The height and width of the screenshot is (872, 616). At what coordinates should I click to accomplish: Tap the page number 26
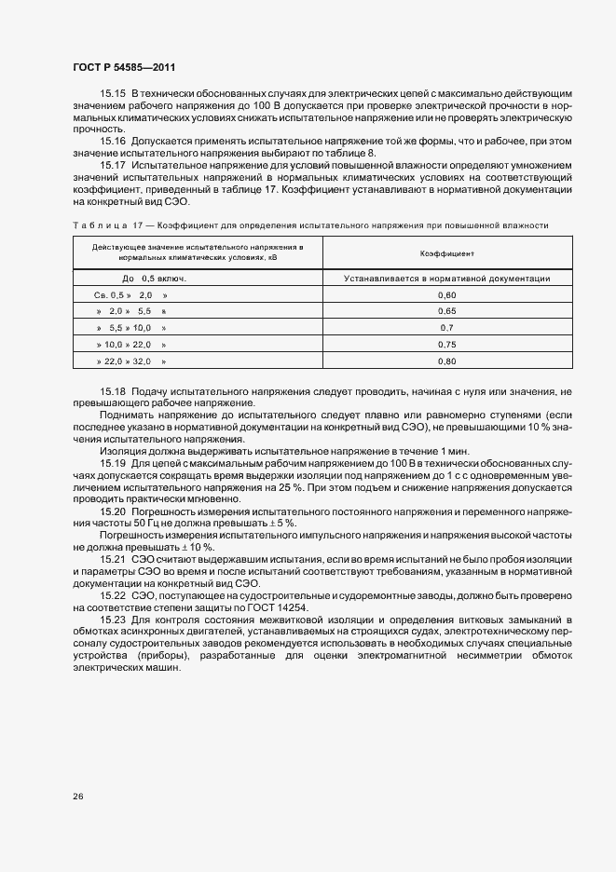click(x=76, y=797)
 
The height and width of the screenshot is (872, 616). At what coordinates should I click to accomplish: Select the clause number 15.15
click(x=112, y=95)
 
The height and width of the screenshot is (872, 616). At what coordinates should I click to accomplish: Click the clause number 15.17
click(x=112, y=165)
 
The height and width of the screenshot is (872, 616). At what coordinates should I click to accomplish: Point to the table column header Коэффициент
click(x=446, y=252)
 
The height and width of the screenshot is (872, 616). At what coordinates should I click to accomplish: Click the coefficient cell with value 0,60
click(x=446, y=294)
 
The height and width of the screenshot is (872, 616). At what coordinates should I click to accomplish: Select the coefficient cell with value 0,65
click(x=446, y=310)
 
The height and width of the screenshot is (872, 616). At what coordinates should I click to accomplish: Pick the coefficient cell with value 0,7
click(x=446, y=328)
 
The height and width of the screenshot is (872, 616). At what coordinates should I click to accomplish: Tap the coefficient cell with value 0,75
click(x=446, y=344)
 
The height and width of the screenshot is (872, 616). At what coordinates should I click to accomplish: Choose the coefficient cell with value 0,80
click(x=446, y=361)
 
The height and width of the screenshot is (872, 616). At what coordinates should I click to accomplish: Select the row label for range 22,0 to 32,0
click(x=131, y=361)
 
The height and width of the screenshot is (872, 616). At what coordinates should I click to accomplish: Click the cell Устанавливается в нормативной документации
click(x=446, y=278)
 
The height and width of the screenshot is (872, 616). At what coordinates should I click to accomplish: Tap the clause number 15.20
click(x=112, y=512)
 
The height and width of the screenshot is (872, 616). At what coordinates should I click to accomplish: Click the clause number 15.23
click(x=112, y=620)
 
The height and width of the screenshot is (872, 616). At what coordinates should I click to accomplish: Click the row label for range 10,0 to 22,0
click(x=131, y=344)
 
